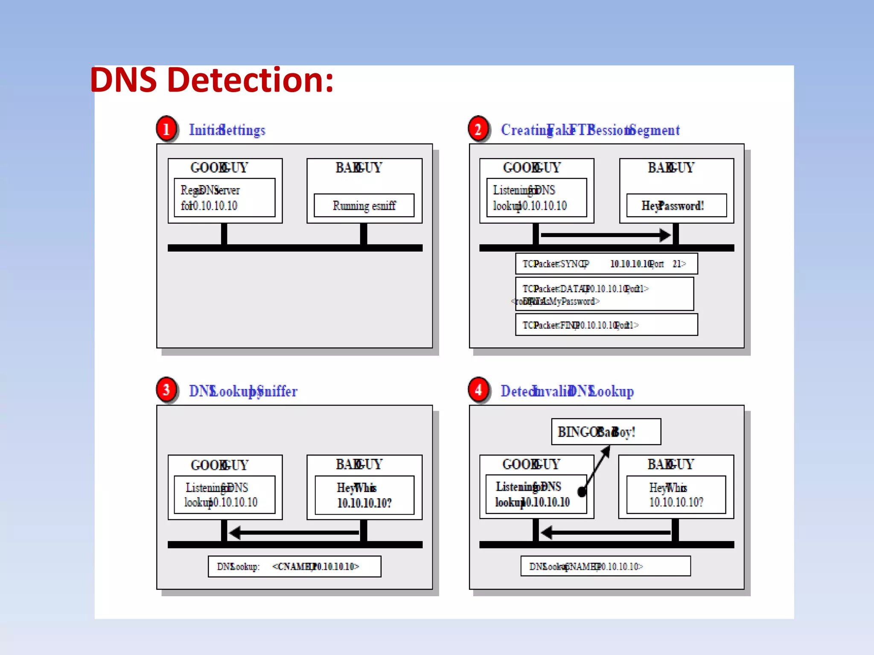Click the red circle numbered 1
pyautogui.click(x=166, y=128)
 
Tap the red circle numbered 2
pyautogui.click(x=478, y=128)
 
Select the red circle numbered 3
pyautogui.click(x=166, y=389)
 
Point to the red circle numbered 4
pyautogui.click(x=478, y=389)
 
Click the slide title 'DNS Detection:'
pyautogui.click(x=212, y=80)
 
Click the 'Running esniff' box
pyautogui.click(x=364, y=206)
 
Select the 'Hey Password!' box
pyautogui.click(x=676, y=206)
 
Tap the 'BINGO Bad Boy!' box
pyautogui.click(x=606, y=432)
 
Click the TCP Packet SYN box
pyautogui.click(x=606, y=264)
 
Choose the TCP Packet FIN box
pyautogui.click(x=606, y=325)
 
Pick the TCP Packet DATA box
pyautogui.click(x=604, y=294)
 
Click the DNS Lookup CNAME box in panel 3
pyautogui.click(x=294, y=566)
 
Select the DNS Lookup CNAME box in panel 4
pyautogui.click(x=606, y=566)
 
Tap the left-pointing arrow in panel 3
pyautogui.click(x=294, y=533)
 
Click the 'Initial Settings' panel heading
pyautogui.click(x=227, y=130)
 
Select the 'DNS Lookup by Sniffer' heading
pyautogui.click(x=243, y=391)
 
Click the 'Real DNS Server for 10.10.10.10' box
pyautogui.click(x=224, y=197)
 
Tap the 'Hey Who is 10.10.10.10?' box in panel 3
pyautogui.click(x=364, y=495)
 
